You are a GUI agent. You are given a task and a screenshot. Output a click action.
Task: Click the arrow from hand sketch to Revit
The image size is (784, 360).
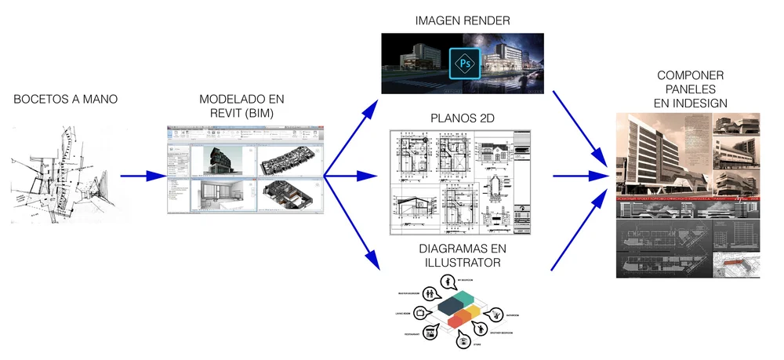point(141,176)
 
